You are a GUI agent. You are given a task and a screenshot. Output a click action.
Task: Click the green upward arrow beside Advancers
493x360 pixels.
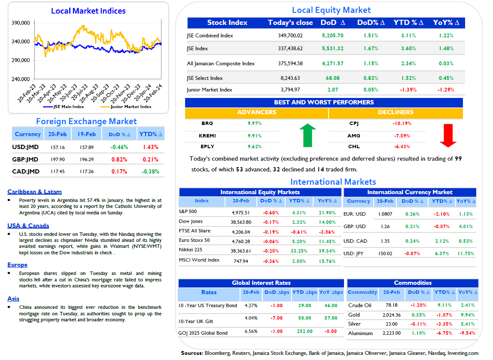(x=307, y=135)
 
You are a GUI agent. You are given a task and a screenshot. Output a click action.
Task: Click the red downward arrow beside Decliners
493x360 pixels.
(x=448, y=135)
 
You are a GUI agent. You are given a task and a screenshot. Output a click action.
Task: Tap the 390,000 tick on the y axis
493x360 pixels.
(x=21, y=23)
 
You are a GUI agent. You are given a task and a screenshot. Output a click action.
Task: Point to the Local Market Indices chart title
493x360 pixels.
(x=88, y=11)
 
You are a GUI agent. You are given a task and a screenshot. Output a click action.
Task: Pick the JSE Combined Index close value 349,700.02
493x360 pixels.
(x=290, y=36)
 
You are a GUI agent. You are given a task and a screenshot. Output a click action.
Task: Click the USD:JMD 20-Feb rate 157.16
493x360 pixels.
(x=58, y=147)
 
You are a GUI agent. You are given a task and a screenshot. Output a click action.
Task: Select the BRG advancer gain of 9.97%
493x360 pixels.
(x=255, y=123)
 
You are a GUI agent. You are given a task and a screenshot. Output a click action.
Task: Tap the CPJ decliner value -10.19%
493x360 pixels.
(x=402, y=123)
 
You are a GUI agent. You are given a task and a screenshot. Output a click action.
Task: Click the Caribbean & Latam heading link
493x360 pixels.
(x=35, y=192)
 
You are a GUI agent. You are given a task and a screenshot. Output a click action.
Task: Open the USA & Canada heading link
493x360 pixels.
(x=28, y=226)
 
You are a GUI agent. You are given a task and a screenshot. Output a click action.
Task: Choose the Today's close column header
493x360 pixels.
(x=290, y=23)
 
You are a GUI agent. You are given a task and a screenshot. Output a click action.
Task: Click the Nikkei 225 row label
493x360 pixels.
(x=191, y=250)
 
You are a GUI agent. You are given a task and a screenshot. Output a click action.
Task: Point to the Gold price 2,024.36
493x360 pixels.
(x=392, y=315)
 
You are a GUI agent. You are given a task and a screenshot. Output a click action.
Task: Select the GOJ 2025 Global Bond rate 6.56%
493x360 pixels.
(x=251, y=331)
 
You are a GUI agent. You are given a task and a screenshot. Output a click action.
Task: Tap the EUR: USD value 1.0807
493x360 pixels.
(x=385, y=214)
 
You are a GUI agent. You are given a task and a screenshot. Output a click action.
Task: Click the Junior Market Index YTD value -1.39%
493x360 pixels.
(x=408, y=90)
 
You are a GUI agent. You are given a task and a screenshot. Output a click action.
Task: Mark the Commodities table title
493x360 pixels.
(x=413, y=283)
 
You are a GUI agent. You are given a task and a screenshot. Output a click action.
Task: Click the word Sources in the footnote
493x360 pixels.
(x=192, y=353)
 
